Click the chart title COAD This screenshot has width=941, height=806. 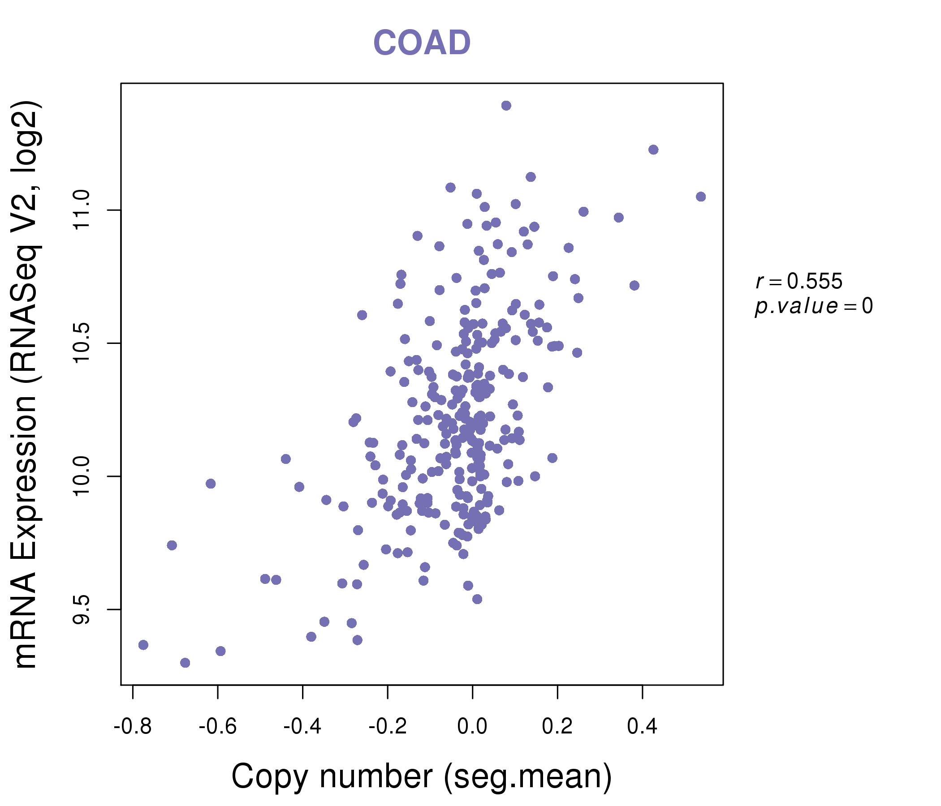422,43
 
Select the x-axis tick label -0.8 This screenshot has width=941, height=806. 132,727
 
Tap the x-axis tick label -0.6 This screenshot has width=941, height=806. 217,727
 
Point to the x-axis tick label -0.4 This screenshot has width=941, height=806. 302,727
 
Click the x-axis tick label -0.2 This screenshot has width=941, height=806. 388,727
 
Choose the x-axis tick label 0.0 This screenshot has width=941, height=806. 472,727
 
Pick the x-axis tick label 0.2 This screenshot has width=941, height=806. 557,727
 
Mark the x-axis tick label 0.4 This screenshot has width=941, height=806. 642,727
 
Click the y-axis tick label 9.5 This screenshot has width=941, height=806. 81,609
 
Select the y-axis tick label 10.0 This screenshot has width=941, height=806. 81,476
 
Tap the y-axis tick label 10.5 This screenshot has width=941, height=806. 81,343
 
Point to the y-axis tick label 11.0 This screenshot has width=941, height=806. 81,210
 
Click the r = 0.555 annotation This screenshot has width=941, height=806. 799,281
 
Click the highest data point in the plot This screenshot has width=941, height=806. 506,106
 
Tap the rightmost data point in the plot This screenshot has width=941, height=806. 701,197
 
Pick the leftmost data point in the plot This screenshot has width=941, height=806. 143,645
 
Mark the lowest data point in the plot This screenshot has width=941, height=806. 185,663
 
